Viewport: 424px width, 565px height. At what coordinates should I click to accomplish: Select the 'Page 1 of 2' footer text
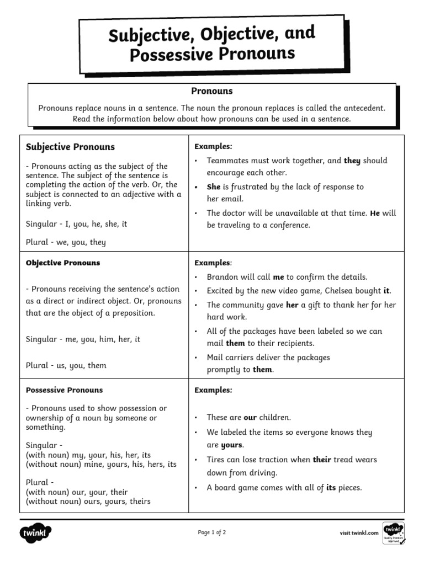212,532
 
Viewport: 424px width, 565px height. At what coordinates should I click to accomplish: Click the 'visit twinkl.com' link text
359,533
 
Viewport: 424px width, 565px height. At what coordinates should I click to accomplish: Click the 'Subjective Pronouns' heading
70,147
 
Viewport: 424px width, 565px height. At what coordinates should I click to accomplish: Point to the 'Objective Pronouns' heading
63,263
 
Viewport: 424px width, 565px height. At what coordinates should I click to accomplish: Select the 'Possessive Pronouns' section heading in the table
64,390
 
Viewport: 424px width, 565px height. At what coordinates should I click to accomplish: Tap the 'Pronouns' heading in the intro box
212,91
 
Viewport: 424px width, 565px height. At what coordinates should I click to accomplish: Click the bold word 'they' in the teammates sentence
352,161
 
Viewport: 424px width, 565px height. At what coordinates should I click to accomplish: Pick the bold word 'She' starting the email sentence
213,187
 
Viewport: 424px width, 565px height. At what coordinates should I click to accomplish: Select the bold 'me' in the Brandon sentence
278,277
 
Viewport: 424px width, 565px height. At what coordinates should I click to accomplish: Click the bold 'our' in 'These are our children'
250,418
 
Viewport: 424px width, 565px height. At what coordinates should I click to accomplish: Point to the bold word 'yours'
232,445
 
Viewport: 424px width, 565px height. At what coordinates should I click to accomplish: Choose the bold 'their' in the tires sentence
321,459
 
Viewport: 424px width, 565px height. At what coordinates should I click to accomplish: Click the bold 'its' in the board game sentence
331,487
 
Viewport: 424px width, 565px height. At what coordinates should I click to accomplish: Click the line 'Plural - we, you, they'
66,242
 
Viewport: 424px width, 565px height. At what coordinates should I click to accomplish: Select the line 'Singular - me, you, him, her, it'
83,339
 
